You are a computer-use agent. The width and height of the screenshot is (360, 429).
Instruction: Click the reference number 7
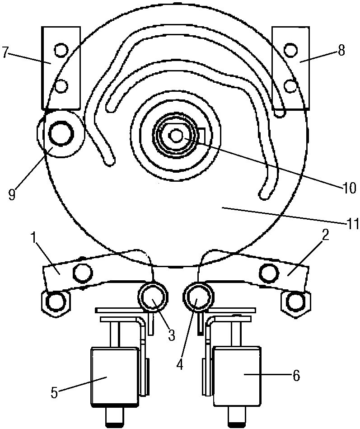click(x=5, y=53)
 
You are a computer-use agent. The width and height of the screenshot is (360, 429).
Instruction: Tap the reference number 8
click(x=341, y=51)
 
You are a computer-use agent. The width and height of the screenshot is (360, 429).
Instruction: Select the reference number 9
click(x=12, y=194)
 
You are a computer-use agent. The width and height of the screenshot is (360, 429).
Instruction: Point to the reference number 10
click(x=349, y=188)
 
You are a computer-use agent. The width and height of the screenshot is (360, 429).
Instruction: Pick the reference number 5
click(x=54, y=393)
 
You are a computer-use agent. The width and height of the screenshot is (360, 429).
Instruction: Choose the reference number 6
click(x=296, y=376)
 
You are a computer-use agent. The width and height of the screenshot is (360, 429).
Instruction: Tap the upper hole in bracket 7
click(x=60, y=50)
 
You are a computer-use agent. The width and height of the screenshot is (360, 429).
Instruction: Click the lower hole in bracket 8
click(x=290, y=86)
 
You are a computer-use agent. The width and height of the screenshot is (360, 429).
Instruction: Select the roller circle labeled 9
click(x=61, y=134)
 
